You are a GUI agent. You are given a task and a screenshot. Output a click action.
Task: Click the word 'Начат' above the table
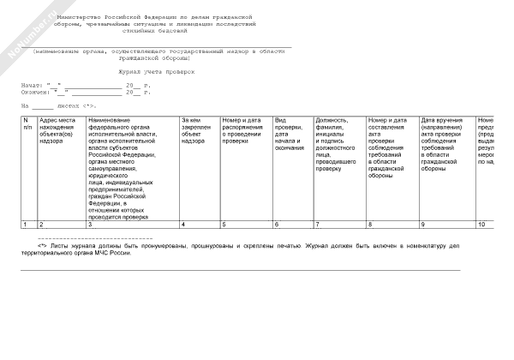32,87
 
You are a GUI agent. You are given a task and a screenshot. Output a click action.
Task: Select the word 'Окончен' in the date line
35,92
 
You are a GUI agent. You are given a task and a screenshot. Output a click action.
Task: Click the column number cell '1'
26,225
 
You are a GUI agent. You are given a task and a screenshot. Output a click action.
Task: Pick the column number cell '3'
91,225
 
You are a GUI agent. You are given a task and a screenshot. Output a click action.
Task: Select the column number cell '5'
224,225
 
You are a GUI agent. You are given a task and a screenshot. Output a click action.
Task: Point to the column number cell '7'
317,225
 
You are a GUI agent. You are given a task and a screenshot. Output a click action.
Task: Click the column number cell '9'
422,225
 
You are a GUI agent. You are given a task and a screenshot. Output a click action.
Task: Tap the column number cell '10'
481,225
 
